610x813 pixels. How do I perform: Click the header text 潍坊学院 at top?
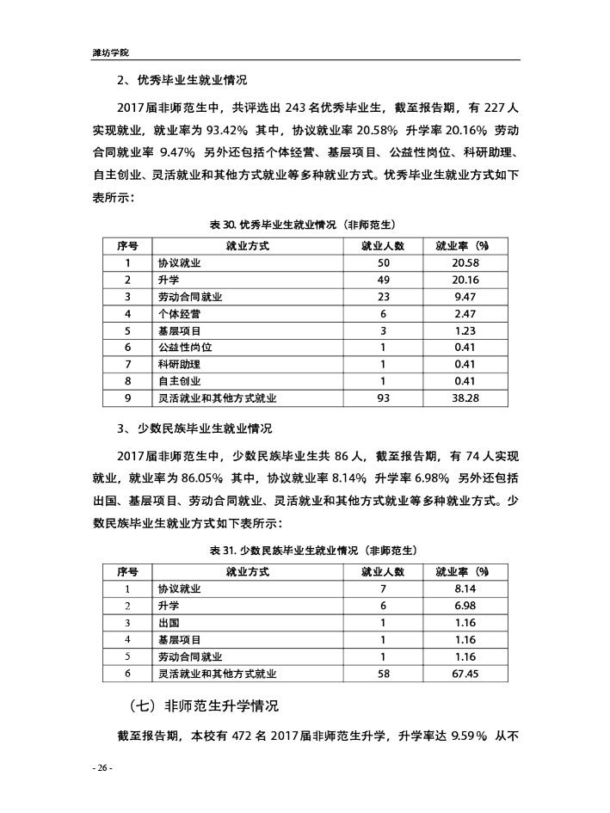[x=110, y=52]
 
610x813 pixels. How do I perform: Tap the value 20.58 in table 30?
[x=465, y=262]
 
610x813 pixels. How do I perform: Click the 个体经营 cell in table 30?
[x=179, y=313]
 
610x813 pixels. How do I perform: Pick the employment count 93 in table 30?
[x=384, y=398]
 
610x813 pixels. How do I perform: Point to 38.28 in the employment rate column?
[x=465, y=398]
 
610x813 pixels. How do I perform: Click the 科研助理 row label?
[x=179, y=364]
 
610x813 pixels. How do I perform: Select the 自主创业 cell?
[x=179, y=381]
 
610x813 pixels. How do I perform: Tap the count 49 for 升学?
[x=384, y=280]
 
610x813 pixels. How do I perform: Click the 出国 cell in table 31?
[x=169, y=623]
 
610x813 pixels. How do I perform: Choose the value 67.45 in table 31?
[x=465, y=674]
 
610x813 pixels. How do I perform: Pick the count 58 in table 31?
[x=384, y=674]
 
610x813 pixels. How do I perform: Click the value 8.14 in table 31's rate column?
[x=465, y=589]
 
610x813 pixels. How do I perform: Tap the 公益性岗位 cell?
[x=184, y=348]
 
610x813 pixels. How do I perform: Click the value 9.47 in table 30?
[x=465, y=297]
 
